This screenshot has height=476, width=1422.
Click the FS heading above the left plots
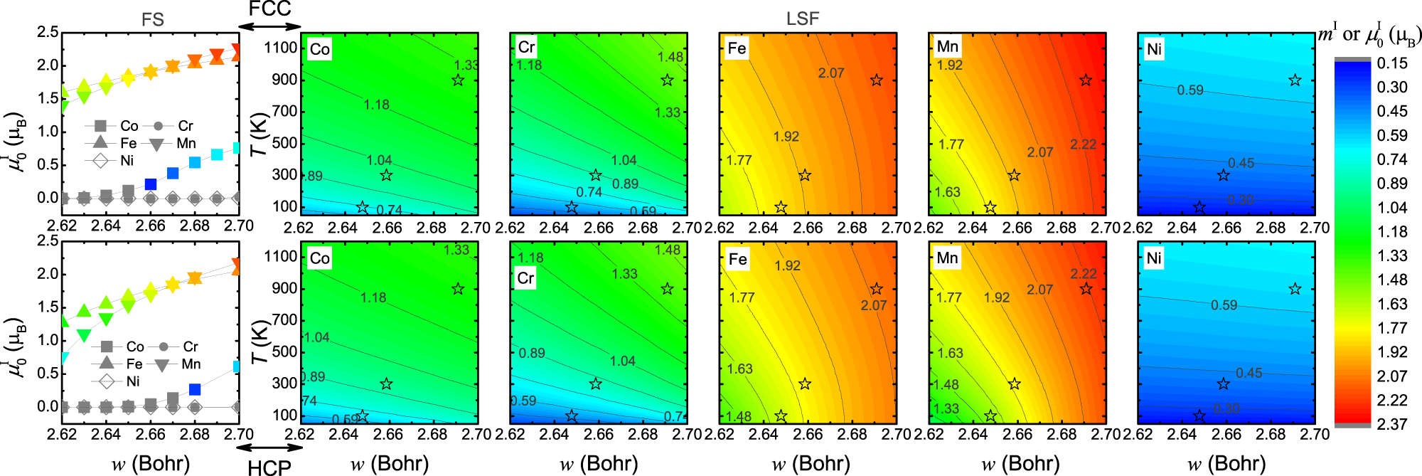pos(152,19)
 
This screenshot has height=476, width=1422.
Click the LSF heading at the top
pos(802,19)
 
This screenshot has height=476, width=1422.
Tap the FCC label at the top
pos(269,9)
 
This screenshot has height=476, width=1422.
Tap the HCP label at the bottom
pos(269,467)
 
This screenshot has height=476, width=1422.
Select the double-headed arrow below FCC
pos(269,27)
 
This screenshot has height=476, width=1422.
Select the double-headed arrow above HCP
pos(269,448)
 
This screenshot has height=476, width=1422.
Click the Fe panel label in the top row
pos(737,48)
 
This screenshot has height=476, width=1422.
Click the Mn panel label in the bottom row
pos(947,258)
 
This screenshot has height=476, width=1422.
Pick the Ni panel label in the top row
pos(1154,49)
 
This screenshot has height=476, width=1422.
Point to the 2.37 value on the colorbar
pos(1391,424)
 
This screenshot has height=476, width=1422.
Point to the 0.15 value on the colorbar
pos(1391,63)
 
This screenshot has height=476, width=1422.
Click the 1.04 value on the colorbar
pos(1391,208)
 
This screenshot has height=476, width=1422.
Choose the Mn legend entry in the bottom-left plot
pos(178,364)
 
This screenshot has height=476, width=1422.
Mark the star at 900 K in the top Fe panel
pos(876,80)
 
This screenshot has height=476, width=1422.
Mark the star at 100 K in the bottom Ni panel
pos(1199,416)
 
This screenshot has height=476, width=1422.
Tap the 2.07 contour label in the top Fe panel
pos(830,73)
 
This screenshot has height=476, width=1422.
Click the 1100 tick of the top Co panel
pos(281,48)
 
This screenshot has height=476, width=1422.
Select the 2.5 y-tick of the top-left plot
pos(48,32)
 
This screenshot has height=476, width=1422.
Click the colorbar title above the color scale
pos(1369,34)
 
